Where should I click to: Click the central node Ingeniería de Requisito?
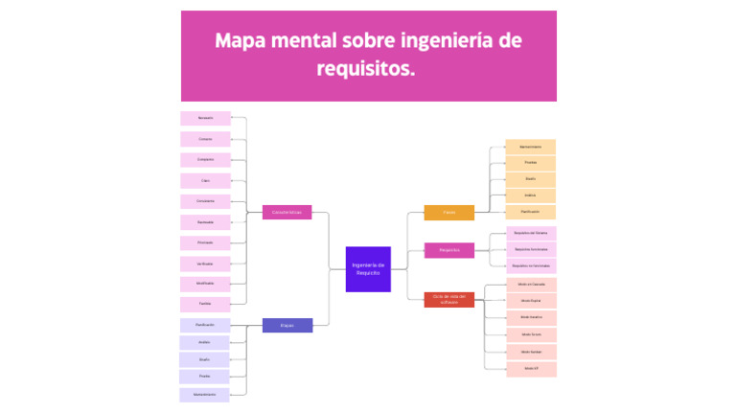click(x=368, y=268)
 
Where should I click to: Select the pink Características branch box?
click(x=287, y=212)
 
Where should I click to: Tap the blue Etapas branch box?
click(x=287, y=325)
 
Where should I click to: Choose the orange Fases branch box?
click(x=448, y=212)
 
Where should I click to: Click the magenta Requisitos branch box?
click(x=448, y=250)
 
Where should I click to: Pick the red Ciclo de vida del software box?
click(x=448, y=299)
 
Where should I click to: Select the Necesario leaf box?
click(x=205, y=118)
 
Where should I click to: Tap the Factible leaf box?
click(x=205, y=304)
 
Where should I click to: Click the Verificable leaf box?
click(x=205, y=263)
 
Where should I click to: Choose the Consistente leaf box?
click(x=205, y=201)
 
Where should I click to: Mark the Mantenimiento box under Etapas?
click(x=204, y=394)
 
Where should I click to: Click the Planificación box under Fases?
click(x=530, y=211)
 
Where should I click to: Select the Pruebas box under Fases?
click(x=530, y=162)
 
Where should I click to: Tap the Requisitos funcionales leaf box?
click(x=530, y=249)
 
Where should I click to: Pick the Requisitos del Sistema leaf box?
click(x=530, y=232)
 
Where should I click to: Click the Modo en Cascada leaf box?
click(x=530, y=284)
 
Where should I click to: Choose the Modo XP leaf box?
click(x=530, y=368)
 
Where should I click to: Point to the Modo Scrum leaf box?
click(x=530, y=334)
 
